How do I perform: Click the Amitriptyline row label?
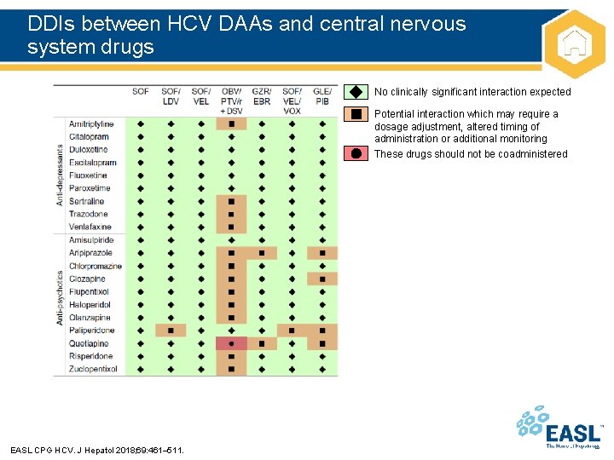pyautogui.click(x=91, y=124)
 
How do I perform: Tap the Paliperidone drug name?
pyautogui.click(x=91, y=331)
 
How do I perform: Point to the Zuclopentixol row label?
pyautogui.click(x=93, y=369)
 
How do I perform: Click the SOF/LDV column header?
pyautogui.click(x=171, y=96)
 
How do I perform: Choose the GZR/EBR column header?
pyautogui.click(x=262, y=96)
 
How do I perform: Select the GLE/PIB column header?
pyautogui.click(x=322, y=96)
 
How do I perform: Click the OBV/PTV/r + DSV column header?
pyautogui.click(x=231, y=101)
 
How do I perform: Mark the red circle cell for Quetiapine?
pyautogui.click(x=231, y=343)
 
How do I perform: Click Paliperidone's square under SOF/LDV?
pyautogui.click(x=171, y=331)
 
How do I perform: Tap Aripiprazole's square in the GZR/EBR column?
pyautogui.click(x=262, y=253)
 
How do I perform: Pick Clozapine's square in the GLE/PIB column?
pyautogui.click(x=322, y=279)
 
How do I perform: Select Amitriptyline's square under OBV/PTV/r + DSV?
pyautogui.click(x=231, y=124)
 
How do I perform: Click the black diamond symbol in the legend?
pyautogui.click(x=356, y=92)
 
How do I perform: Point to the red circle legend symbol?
pyautogui.click(x=356, y=153)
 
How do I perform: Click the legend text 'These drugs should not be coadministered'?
pyautogui.click(x=471, y=154)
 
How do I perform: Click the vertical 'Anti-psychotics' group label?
pyautogui.click(x=60, y=297)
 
